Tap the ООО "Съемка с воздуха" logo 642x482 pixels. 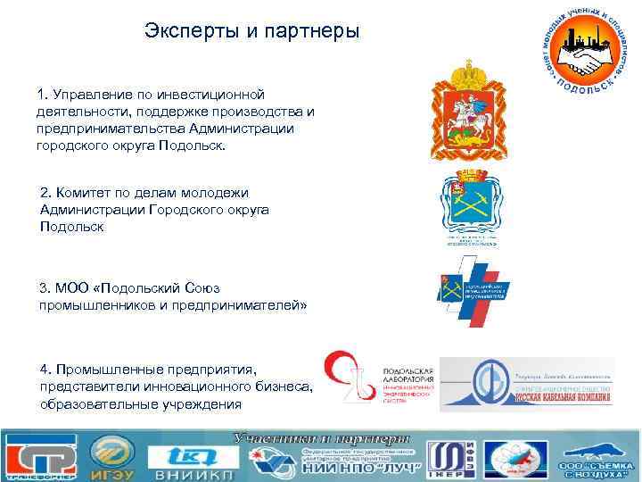[595, 457]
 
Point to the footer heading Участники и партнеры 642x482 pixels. [321, 438]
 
